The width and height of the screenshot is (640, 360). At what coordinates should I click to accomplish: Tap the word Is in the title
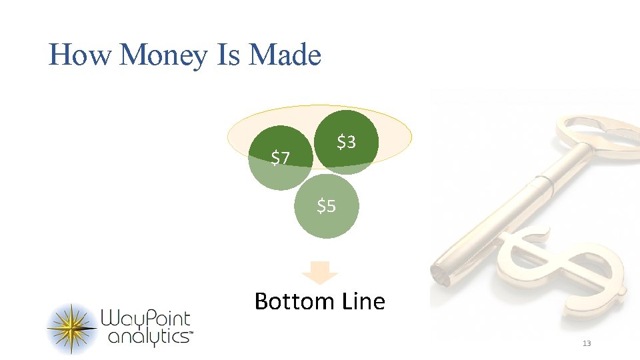[x=229, y=55]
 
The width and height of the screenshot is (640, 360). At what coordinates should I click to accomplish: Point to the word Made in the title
[x=285, y=55]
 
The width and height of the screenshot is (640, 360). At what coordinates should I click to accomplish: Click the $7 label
[x=280, y=158]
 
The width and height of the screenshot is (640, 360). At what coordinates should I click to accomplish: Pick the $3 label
[x=346, y=141]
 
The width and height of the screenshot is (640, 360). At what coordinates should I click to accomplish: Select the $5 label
[x=326, y=207]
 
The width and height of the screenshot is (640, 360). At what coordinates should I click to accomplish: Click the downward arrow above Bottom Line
[x=320, y=272]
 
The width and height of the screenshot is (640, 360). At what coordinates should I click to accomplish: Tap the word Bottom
[x=292, y=301]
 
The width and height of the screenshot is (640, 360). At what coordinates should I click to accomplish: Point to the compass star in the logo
[x=72, y=328]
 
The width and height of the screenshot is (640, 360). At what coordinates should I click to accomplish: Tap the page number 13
[x=587, y=343]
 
